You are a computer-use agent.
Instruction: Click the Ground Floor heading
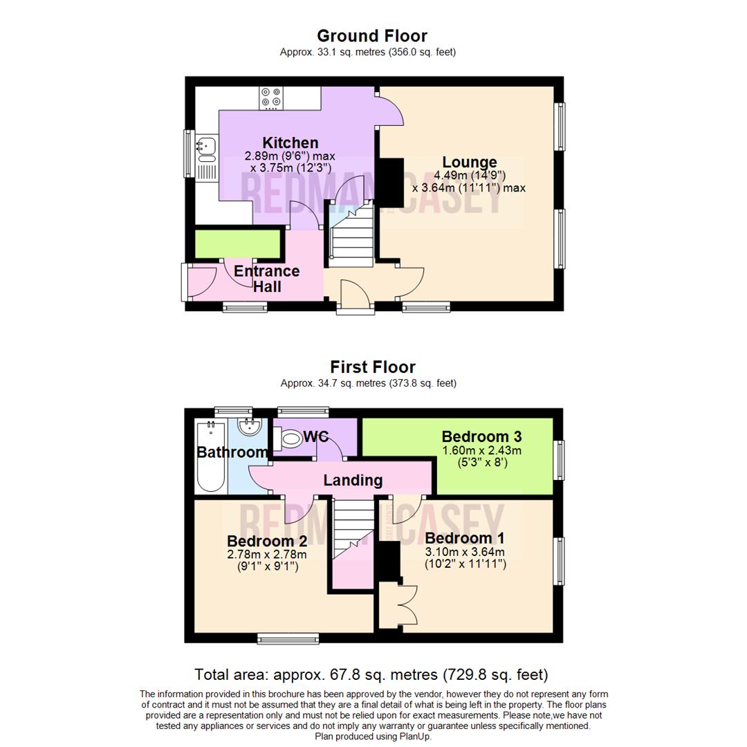[372, 35]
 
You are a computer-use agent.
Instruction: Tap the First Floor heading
[372, 367]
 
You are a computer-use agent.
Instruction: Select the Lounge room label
[470, 163]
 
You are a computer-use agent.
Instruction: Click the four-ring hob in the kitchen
[270, 98]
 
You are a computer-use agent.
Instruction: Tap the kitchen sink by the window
[206, 146]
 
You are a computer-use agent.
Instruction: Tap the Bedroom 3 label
[481, 436]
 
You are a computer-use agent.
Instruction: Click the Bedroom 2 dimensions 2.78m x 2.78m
[266, 554]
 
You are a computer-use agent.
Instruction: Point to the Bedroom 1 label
[465, 538]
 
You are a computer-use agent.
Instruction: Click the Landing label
[353, 479]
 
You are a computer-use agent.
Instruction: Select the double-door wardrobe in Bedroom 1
[398, 605]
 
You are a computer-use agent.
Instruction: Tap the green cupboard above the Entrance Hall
[237, 243]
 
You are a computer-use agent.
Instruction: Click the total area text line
[371, 674]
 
